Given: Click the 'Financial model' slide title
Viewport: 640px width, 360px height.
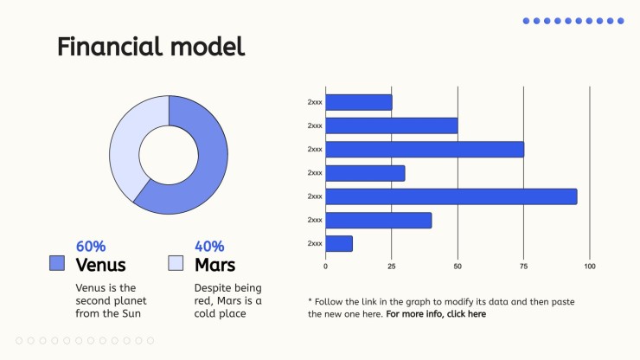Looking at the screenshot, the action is [x=151, y=47].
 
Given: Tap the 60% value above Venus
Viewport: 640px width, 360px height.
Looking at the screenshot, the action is [x=91, y=247].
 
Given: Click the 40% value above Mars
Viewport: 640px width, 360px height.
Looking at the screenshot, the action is [x=209, y=247].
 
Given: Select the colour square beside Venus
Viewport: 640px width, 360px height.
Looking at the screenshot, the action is [x=57, y=263].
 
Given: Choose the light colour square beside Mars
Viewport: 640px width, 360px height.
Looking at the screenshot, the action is [x=176, y=263].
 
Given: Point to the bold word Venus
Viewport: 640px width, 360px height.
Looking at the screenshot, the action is [x=101, y=265].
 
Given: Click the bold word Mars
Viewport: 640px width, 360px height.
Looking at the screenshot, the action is [x=215, y=265].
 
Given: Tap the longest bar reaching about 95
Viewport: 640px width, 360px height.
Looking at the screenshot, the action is [x=451, y=196].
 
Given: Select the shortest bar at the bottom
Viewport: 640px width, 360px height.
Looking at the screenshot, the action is [x=339, y=243].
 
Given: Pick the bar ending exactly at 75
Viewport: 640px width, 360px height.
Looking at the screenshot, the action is [x=425, y=150].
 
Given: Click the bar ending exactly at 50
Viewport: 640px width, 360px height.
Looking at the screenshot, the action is [x=392, y=125].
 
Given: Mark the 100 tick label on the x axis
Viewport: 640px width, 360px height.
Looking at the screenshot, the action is [x=590, y=267].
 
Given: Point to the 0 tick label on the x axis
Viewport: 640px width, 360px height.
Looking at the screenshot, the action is [x=325, y=267].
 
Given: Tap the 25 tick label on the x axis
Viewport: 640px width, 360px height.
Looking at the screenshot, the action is [x=392, y=267].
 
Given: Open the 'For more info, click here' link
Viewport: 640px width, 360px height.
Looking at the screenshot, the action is [x=436, y=314].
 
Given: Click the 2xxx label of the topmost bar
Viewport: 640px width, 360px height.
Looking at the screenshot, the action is [x=315, y=102].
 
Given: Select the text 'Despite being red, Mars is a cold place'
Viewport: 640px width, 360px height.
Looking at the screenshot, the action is [x=227, y=301].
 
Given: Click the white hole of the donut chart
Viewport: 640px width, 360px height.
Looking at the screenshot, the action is [x=169, y=155].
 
